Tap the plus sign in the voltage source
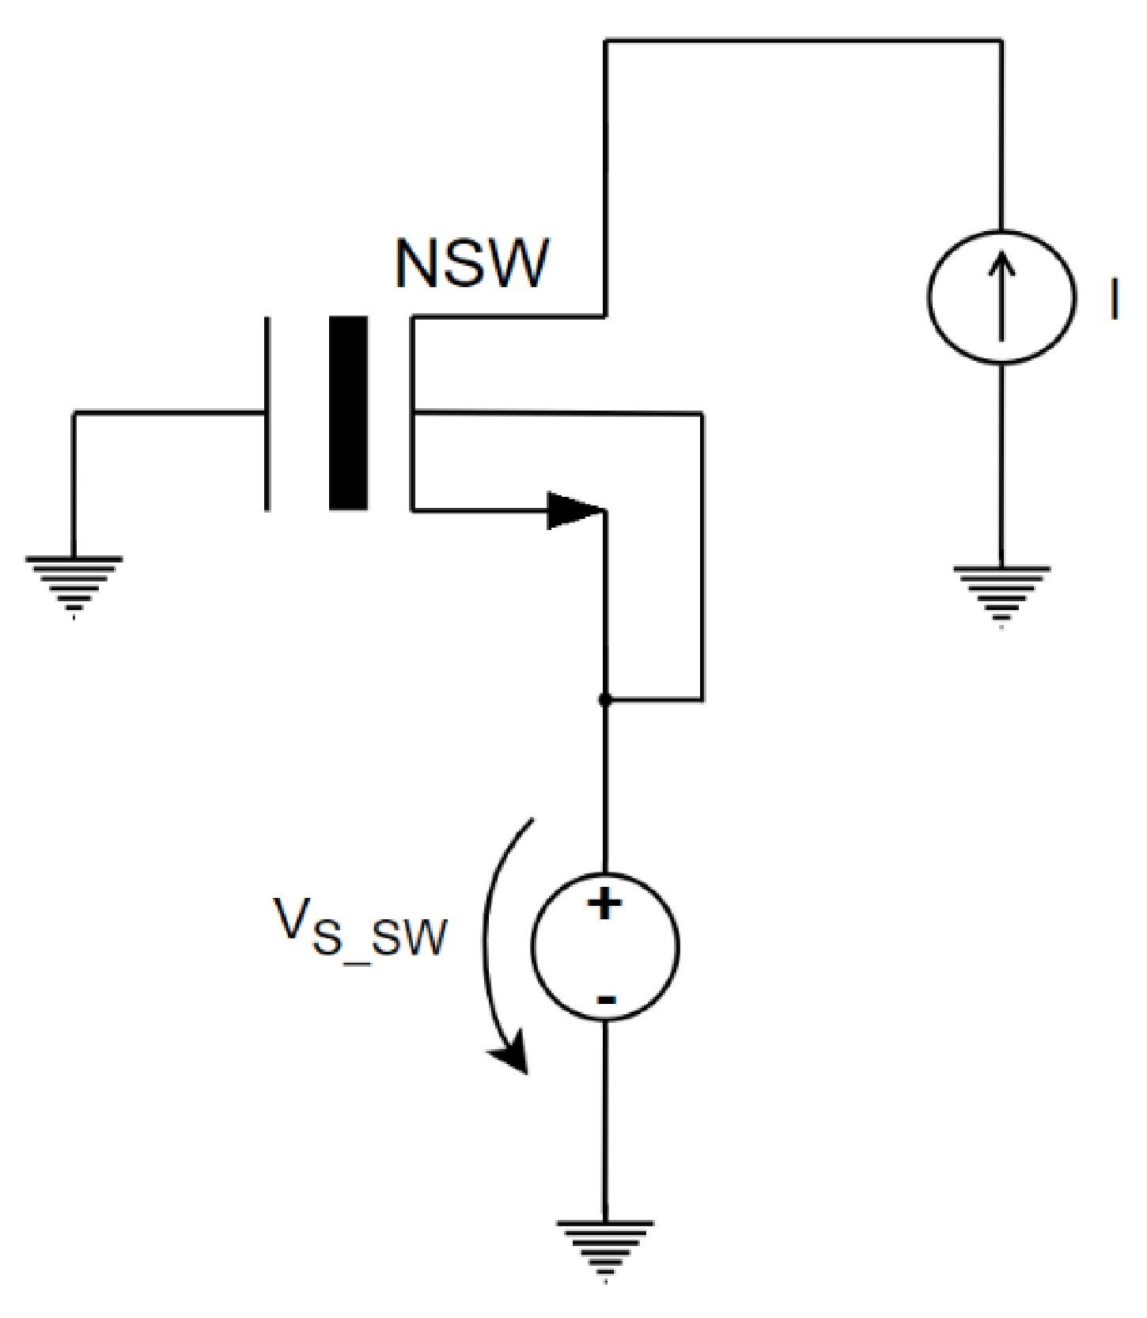(605, 903)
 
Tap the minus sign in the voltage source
(605, 1000)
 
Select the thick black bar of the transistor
(348, 413)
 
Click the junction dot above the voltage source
(605, 700)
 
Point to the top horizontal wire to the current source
(803, 40)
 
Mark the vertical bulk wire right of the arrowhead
(702, 554)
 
